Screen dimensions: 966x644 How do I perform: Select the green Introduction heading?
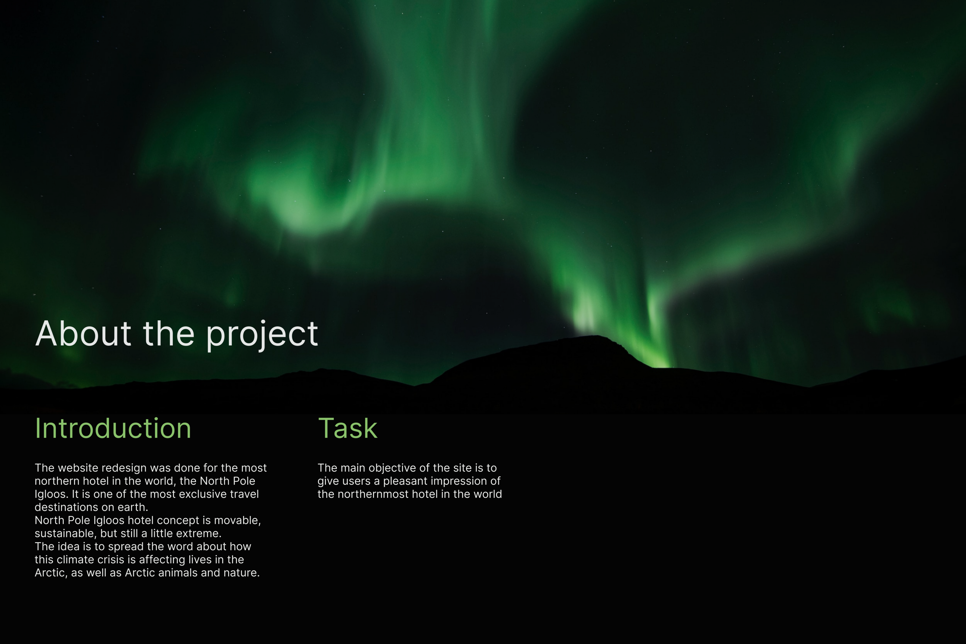click(x=113, y=428)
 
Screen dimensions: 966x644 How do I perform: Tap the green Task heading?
click(x=348, y=428)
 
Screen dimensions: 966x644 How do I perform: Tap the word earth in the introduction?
click(x=132, y=507)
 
